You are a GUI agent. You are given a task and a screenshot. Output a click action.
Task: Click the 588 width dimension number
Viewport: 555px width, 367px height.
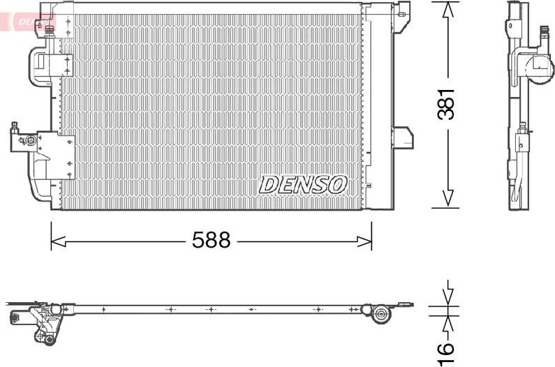[211, 241]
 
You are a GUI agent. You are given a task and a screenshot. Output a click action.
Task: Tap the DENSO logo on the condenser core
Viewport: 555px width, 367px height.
[303, 184]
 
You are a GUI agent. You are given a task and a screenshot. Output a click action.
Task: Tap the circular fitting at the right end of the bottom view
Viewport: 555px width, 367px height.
[380, 315]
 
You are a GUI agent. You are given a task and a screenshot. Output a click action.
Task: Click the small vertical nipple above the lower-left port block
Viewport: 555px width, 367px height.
[14, 126]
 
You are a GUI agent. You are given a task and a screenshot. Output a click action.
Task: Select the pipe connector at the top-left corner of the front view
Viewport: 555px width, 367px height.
[49, 28]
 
